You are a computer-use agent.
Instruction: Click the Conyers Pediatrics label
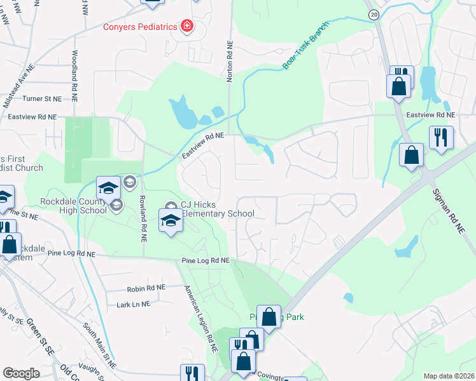click(x=141, y=27)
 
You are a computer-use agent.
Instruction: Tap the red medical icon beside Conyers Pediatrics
click(x=187, y=26)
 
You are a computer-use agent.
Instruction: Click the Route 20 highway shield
click(x=374, y=13)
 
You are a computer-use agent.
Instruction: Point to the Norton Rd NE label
click(x=230, y=63)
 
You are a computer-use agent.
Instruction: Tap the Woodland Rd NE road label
click(x=75, y=76)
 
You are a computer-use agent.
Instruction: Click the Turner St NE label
click(x=42, y=99)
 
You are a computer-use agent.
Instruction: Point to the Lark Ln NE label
click(x=134, y=304)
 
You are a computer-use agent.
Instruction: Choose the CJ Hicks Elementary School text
click(x=218, y=209)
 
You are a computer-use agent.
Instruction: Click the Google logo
click(x=22, y=373)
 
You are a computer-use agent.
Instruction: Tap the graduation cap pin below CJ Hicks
click(x=171, y=220)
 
